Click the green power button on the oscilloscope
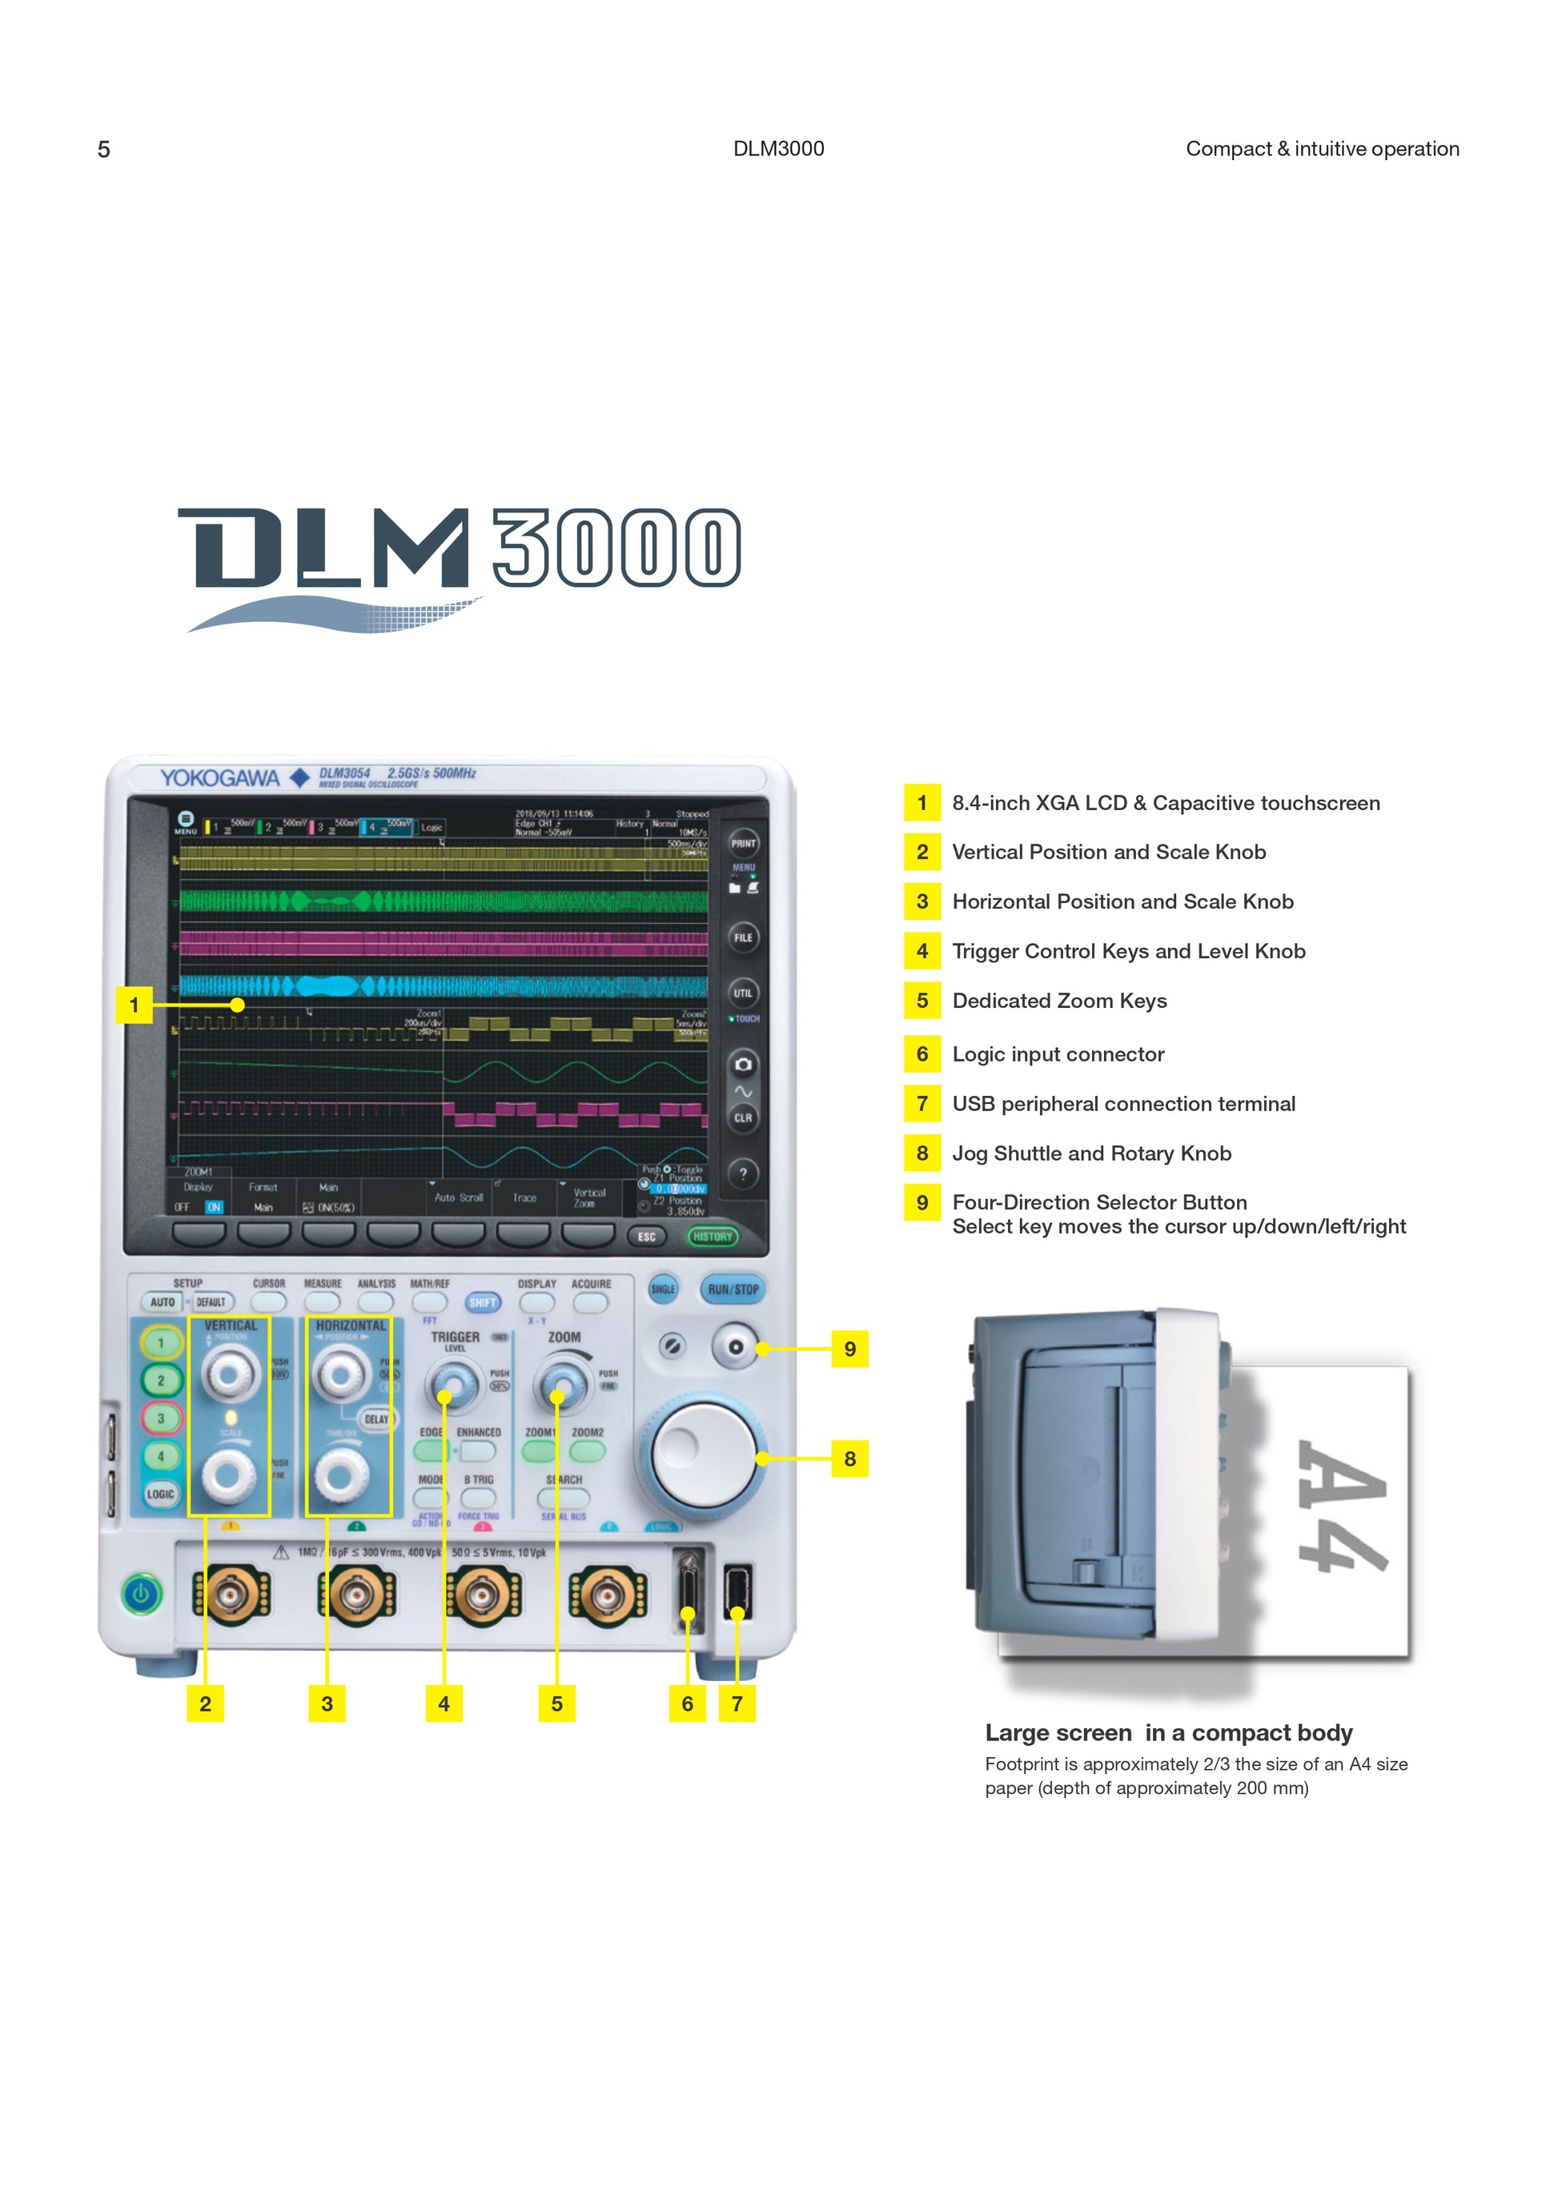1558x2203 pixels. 142,1595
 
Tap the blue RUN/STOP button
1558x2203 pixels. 733,1290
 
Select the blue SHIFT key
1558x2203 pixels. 483,1302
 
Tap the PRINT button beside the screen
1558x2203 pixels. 744,844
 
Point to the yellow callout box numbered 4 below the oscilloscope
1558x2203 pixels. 444,1704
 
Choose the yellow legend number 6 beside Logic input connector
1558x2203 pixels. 922,1054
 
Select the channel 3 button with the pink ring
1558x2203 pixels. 161,1419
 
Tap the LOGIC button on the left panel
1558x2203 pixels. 160,1494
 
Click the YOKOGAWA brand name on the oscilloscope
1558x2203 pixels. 219,778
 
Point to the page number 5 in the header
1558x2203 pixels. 103,150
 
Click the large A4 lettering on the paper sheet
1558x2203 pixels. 1341,1507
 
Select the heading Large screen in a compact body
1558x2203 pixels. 1169,1733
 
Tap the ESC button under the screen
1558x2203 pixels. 648,1237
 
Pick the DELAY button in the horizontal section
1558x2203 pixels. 376,1419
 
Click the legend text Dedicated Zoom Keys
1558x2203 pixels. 1059,1001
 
